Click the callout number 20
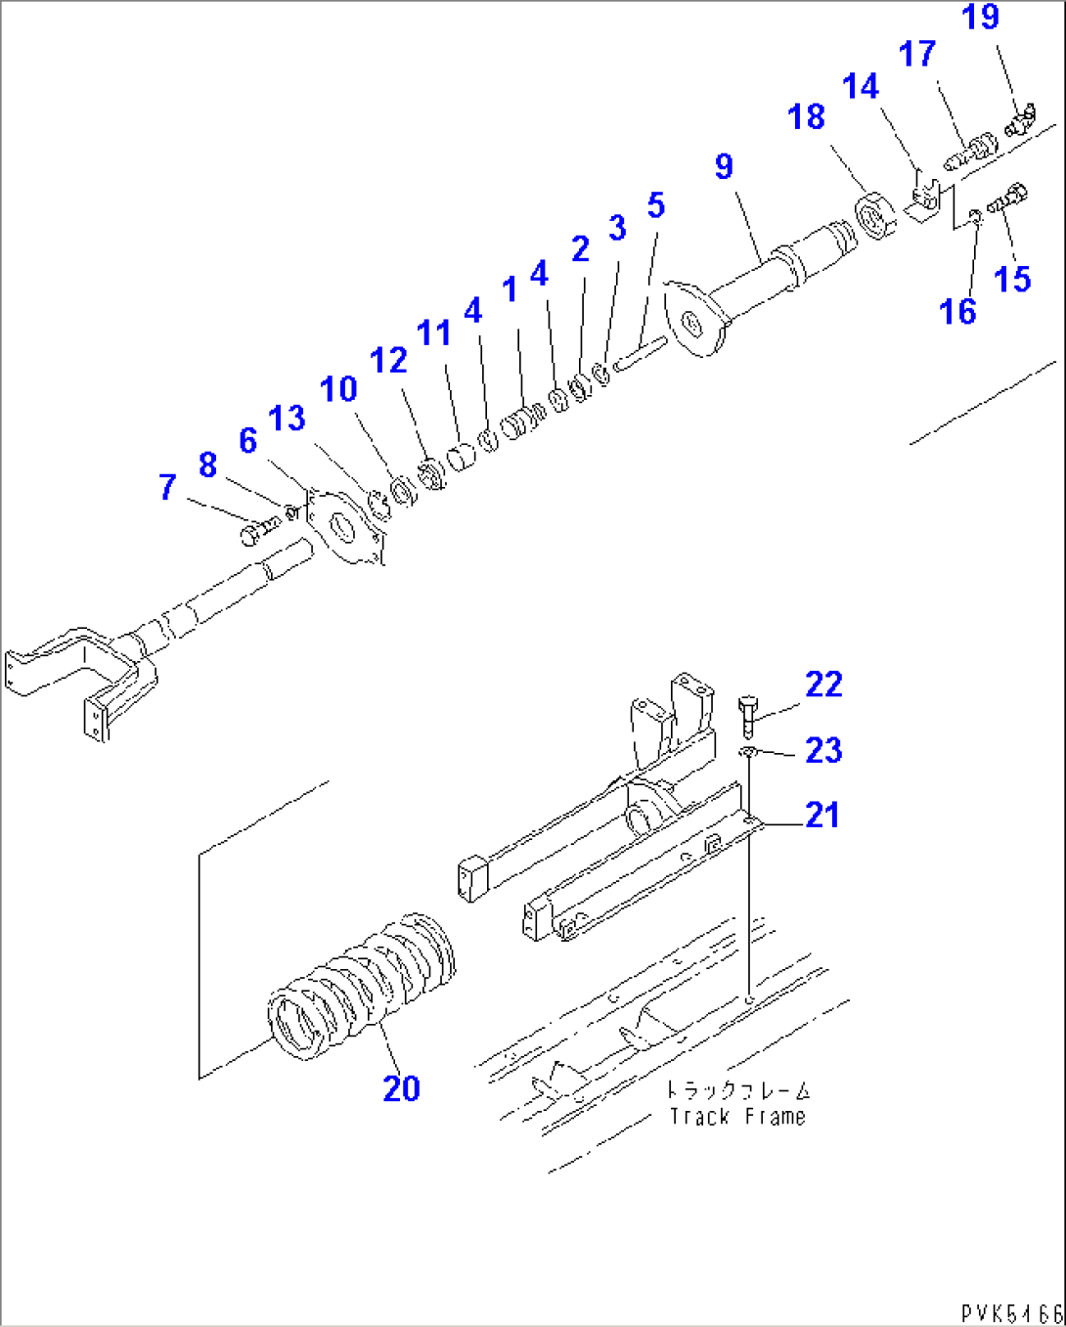pyautogui.click(x=401, y=1088)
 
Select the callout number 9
pyautogui.click(x=724, y=166)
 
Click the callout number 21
pyautogui.click(x=822, y=815)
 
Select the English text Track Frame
pyautogui.click(x=737, y=1117)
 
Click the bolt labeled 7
pyautogui.click(x=256, y=530)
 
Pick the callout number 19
pyautogui.click(x=980, y=18)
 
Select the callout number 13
pyautogui.click(x=287, y=419)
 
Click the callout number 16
pyautogui.click(x=957, y=312)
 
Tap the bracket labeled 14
pyautogui.click(x=922, y=200)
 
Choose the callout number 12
pyautogui.click(x=388, y=361)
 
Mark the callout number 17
pyautogui.click(x=917, y=54)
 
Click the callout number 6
pyautogui.click(x=248, y=441)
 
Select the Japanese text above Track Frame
pyautogui.click(x=737, y=1089)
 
